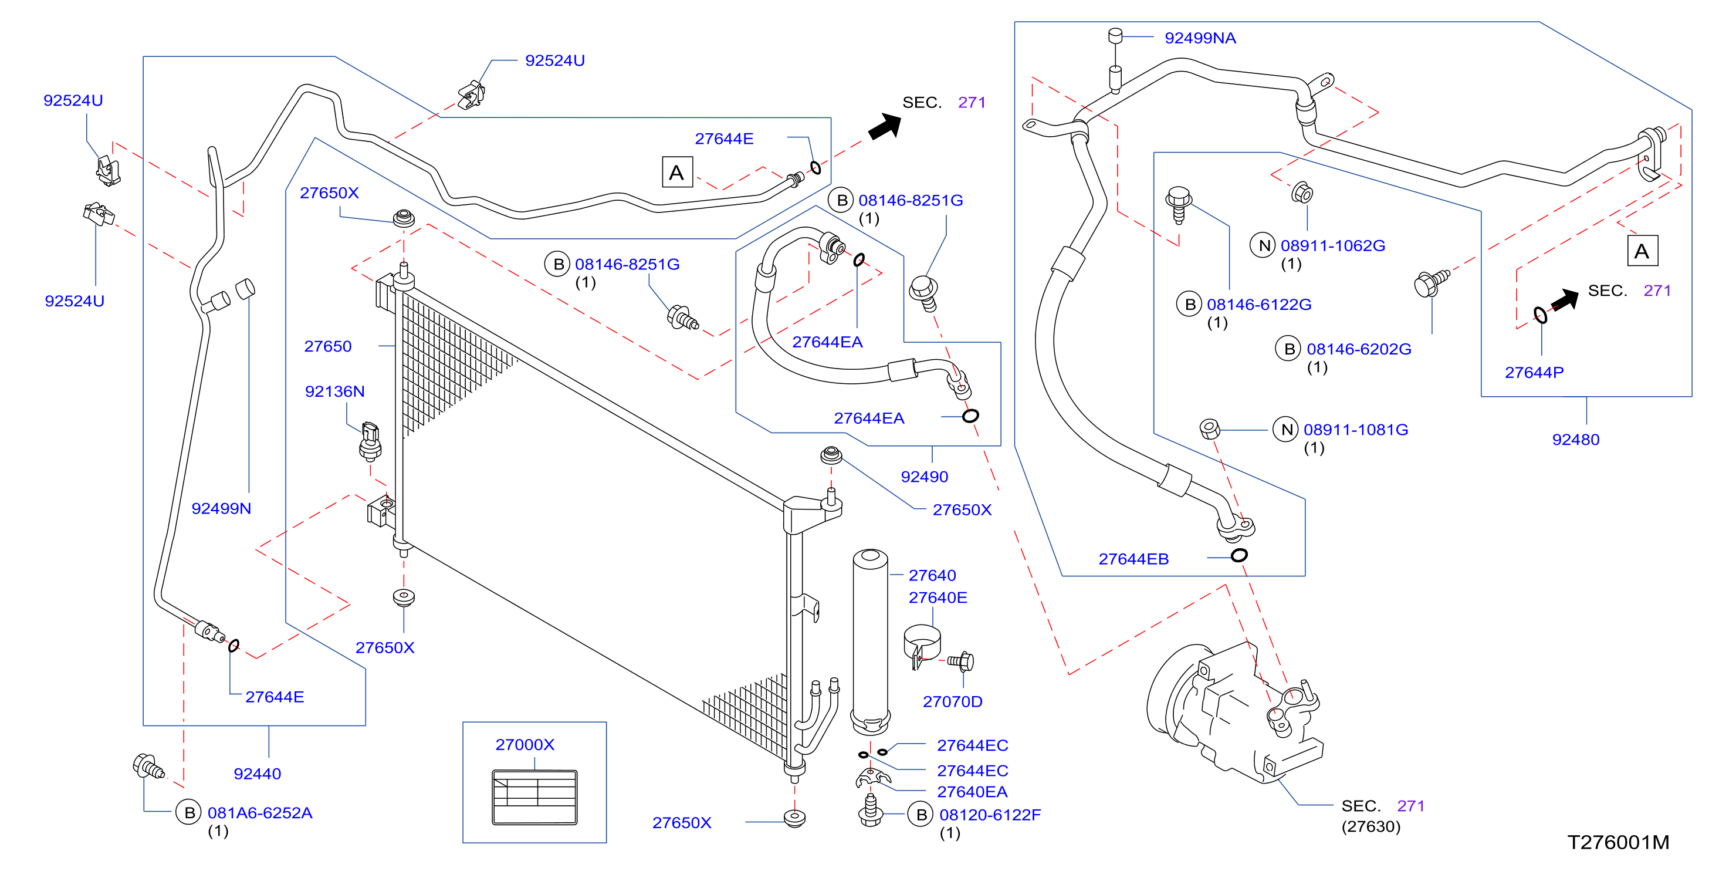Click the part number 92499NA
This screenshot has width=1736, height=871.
pyautogui.click(x=1200, y=38)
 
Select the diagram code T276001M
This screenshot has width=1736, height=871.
pyautogui.click(x=1618, y=842)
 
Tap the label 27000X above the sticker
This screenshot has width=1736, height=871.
pyautogui.click(x=525, y=744)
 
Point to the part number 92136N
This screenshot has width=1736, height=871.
pyautogui.click(x=335, y=391)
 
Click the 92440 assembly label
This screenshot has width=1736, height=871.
pyautogui.click(x=258, y=774)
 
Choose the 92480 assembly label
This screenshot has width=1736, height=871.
pyautogui.click(x=1576, y=440)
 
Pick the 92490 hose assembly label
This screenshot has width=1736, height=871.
pyautogui.click(x=925, y=477)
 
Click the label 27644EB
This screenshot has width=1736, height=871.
pyautogui.click(x=1133, y=559)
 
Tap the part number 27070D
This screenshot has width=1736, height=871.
pyautogui.click(x=952, y=702)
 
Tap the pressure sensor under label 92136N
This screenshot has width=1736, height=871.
pyautogui.click(x=370, y=441)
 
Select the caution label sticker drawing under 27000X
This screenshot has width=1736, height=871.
pyautogui.click(x=534, y=798)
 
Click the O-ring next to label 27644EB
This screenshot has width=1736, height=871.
pyautogui.click(x=1238, y=555)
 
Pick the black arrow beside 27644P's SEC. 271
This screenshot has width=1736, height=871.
pyautogui.click(x=1565, y=299)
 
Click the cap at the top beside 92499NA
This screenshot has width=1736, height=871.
pyautogui.click(x=1115, y=35)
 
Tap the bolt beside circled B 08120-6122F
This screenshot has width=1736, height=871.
pyautogui.click(x=871, y=811)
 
